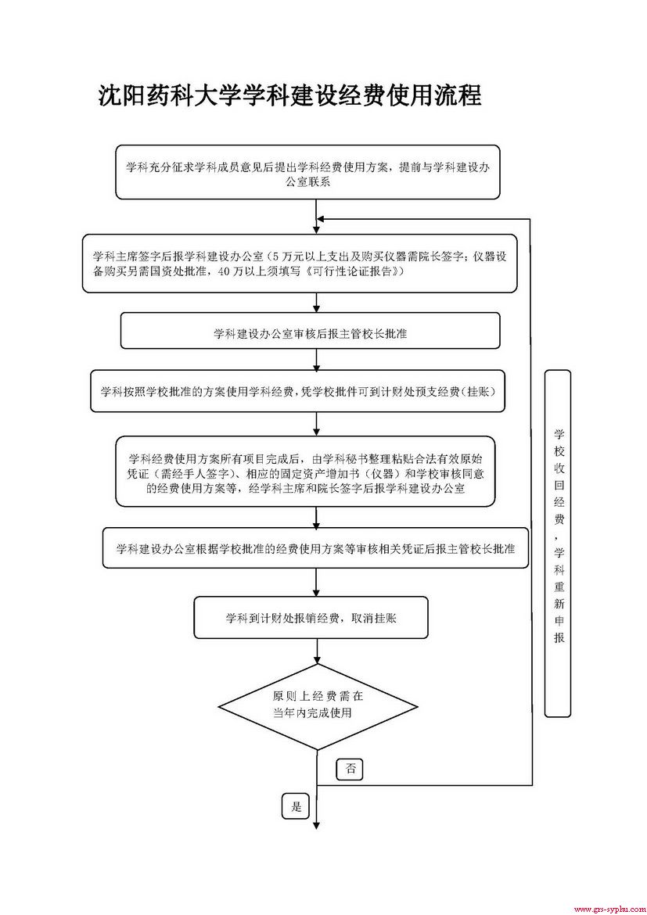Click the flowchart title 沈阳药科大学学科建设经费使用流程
[x=289, y=95]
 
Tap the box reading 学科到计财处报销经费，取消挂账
[x=311, y=618]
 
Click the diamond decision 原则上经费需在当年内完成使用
[x=316, y=704]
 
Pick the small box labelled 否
[x=350, y=769]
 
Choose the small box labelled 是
[x=296, y=806]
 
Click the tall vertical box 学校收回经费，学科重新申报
[x=558, y=544]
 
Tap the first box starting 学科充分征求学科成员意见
[x=318, y=173]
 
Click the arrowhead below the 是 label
[x=316, y=823]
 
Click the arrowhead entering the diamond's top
[x=316, y=660]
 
